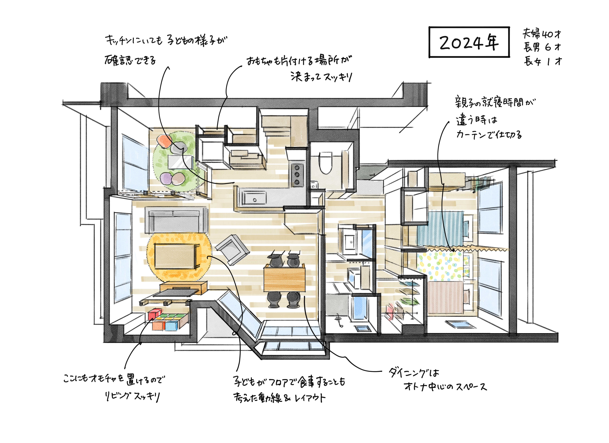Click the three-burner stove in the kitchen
click(297, 175)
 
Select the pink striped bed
click(446, 297)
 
